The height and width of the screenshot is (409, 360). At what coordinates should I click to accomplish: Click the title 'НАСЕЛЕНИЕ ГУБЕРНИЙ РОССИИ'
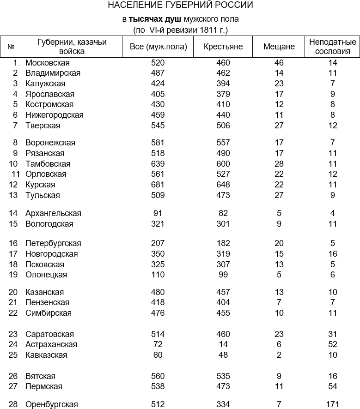(x=180, y=6)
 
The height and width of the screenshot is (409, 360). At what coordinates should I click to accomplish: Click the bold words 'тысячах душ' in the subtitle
(x=155, y=19)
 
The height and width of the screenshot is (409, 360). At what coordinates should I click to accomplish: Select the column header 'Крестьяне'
(x=223, y=47)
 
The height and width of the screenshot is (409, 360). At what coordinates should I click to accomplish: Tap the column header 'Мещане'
(x=279, y=47)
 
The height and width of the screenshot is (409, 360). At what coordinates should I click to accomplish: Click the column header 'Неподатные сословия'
(x=333, y=47)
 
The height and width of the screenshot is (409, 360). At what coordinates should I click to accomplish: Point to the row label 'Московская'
(x=48, y=63)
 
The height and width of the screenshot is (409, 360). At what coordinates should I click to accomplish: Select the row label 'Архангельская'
(x=53, y=213)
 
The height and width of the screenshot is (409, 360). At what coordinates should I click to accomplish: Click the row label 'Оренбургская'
(x=51, y=404)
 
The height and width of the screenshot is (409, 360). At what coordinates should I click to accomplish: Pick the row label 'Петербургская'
(x=53, y=243)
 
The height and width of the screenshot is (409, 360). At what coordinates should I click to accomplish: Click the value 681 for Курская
(x=158, y=185)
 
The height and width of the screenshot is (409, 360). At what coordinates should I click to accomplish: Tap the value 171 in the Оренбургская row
(x=332, y=404)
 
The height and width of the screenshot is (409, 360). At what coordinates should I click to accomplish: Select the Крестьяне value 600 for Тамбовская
(x=223, y=164)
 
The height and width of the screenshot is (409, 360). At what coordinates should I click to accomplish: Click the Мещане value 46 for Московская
(x=279, y=63)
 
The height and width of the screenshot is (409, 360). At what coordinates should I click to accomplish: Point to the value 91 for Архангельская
(x=158, y=213)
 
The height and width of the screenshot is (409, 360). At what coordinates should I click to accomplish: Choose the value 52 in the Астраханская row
(x=332, y=344)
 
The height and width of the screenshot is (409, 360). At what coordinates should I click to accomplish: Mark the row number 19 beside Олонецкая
(x=13, y=275)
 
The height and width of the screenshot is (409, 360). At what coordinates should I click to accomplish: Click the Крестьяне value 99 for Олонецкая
(x=223, y=275)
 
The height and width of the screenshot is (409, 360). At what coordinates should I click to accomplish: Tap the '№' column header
(x=11, y=47)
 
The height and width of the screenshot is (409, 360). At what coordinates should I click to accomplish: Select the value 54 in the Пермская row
(x=332, y=386)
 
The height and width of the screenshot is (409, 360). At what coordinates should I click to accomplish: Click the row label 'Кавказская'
(x=46, y=355)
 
